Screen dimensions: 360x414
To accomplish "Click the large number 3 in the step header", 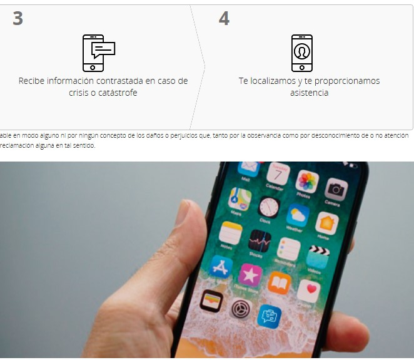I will (x=18, y=19).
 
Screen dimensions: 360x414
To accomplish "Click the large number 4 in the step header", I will (x=224, y=19).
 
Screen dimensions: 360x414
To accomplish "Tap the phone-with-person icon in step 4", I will (x=301, y=53).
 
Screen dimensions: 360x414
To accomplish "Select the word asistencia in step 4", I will (x=309, y=93).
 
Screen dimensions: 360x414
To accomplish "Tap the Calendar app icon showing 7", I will (x=278, y=173).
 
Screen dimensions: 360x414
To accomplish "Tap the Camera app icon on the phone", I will (x=336, y=189).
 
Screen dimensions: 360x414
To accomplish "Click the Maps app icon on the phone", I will (x=240, y=199).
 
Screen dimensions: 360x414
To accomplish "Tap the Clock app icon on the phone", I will (x=269, y=207).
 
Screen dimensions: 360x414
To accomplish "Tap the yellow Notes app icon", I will (x=231, y=232).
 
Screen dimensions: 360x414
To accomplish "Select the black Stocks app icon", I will (x=260, y=240).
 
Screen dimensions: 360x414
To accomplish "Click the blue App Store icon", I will (x=221, y=267).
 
